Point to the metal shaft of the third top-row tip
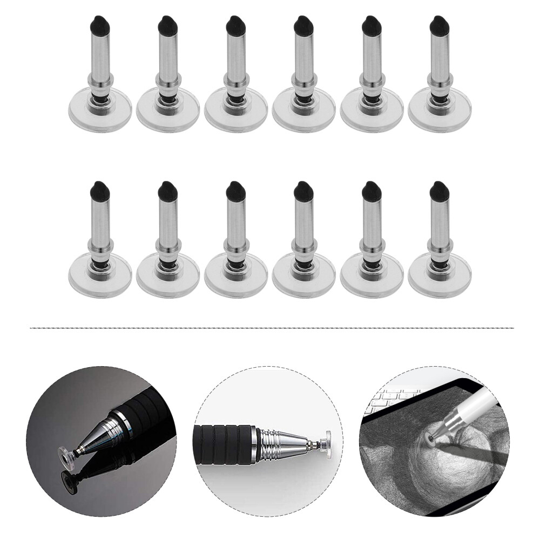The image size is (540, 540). (234, 54)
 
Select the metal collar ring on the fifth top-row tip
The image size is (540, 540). (370, 80)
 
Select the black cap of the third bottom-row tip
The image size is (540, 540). (234, 190)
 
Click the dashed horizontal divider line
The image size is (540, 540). (270, 328)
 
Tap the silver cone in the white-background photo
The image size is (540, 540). (283, 438)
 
